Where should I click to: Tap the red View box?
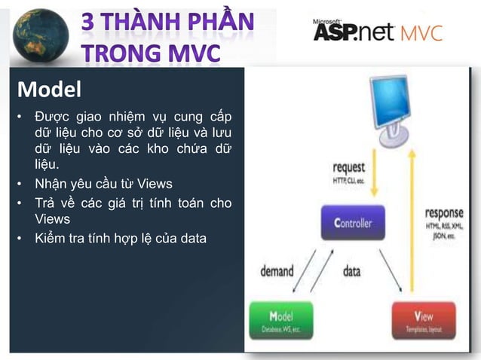(x=424, y=321)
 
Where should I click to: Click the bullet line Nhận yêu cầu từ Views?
(x=103, y=184)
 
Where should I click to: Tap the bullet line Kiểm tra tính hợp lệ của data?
(x=120, y=239)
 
